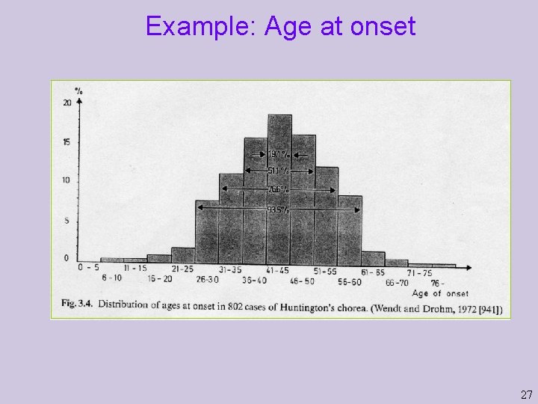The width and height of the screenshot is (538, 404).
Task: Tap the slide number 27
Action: pos(526,394)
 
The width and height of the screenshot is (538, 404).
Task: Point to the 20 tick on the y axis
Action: pos(67,102)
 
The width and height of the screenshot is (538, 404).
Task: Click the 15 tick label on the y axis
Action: pos(67,142)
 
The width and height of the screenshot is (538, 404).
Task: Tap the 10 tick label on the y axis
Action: pos(67,180)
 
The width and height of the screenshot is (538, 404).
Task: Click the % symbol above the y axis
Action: pos(78,91)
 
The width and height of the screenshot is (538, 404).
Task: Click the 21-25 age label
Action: pos(182,269)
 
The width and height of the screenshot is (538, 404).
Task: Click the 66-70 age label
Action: pos(397,282)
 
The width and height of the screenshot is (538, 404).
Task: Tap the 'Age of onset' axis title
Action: pos(440,293)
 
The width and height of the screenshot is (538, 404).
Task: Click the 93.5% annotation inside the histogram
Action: pos(278,209)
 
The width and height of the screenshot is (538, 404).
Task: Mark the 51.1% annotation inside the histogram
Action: pos(278,171)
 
